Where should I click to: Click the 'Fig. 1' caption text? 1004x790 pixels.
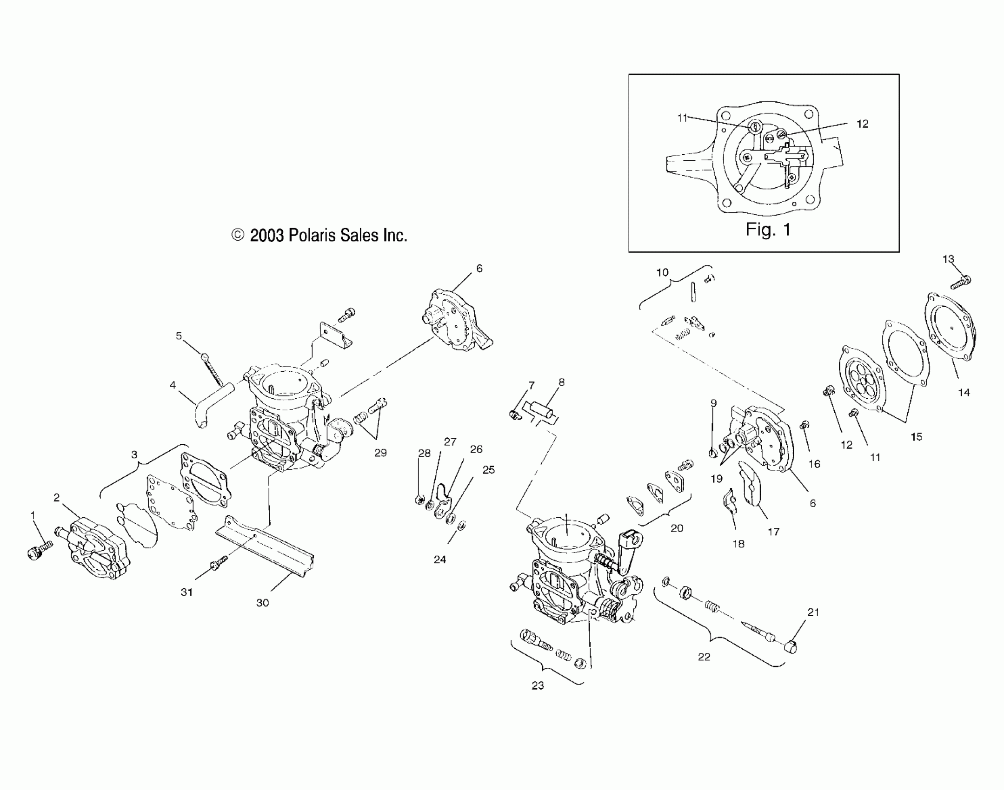pos(768,230)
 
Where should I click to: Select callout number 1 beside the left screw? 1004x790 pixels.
pos(33,515)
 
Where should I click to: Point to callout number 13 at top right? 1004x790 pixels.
pos(948,259)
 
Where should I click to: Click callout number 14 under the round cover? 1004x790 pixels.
pos(964,392)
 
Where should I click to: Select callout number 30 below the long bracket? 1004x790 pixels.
pos(263,603)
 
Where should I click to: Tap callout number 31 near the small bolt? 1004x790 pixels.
pos(187,592)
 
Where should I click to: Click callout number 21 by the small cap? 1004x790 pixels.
pos(813,612)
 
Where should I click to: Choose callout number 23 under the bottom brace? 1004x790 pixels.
pos(538,685)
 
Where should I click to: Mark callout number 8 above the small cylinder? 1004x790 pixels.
pos(562,382)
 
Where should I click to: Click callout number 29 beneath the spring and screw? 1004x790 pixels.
pos(380,453)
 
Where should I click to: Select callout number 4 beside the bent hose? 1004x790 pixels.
pos(173,385)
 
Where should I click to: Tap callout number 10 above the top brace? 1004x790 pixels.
pos(662,272)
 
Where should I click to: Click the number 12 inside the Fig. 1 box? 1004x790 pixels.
pos(862,124)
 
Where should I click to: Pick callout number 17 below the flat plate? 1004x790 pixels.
pos(773,532)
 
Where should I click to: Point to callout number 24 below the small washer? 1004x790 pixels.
pos(440,560)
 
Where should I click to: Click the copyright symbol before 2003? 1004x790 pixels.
pos(238,235)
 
